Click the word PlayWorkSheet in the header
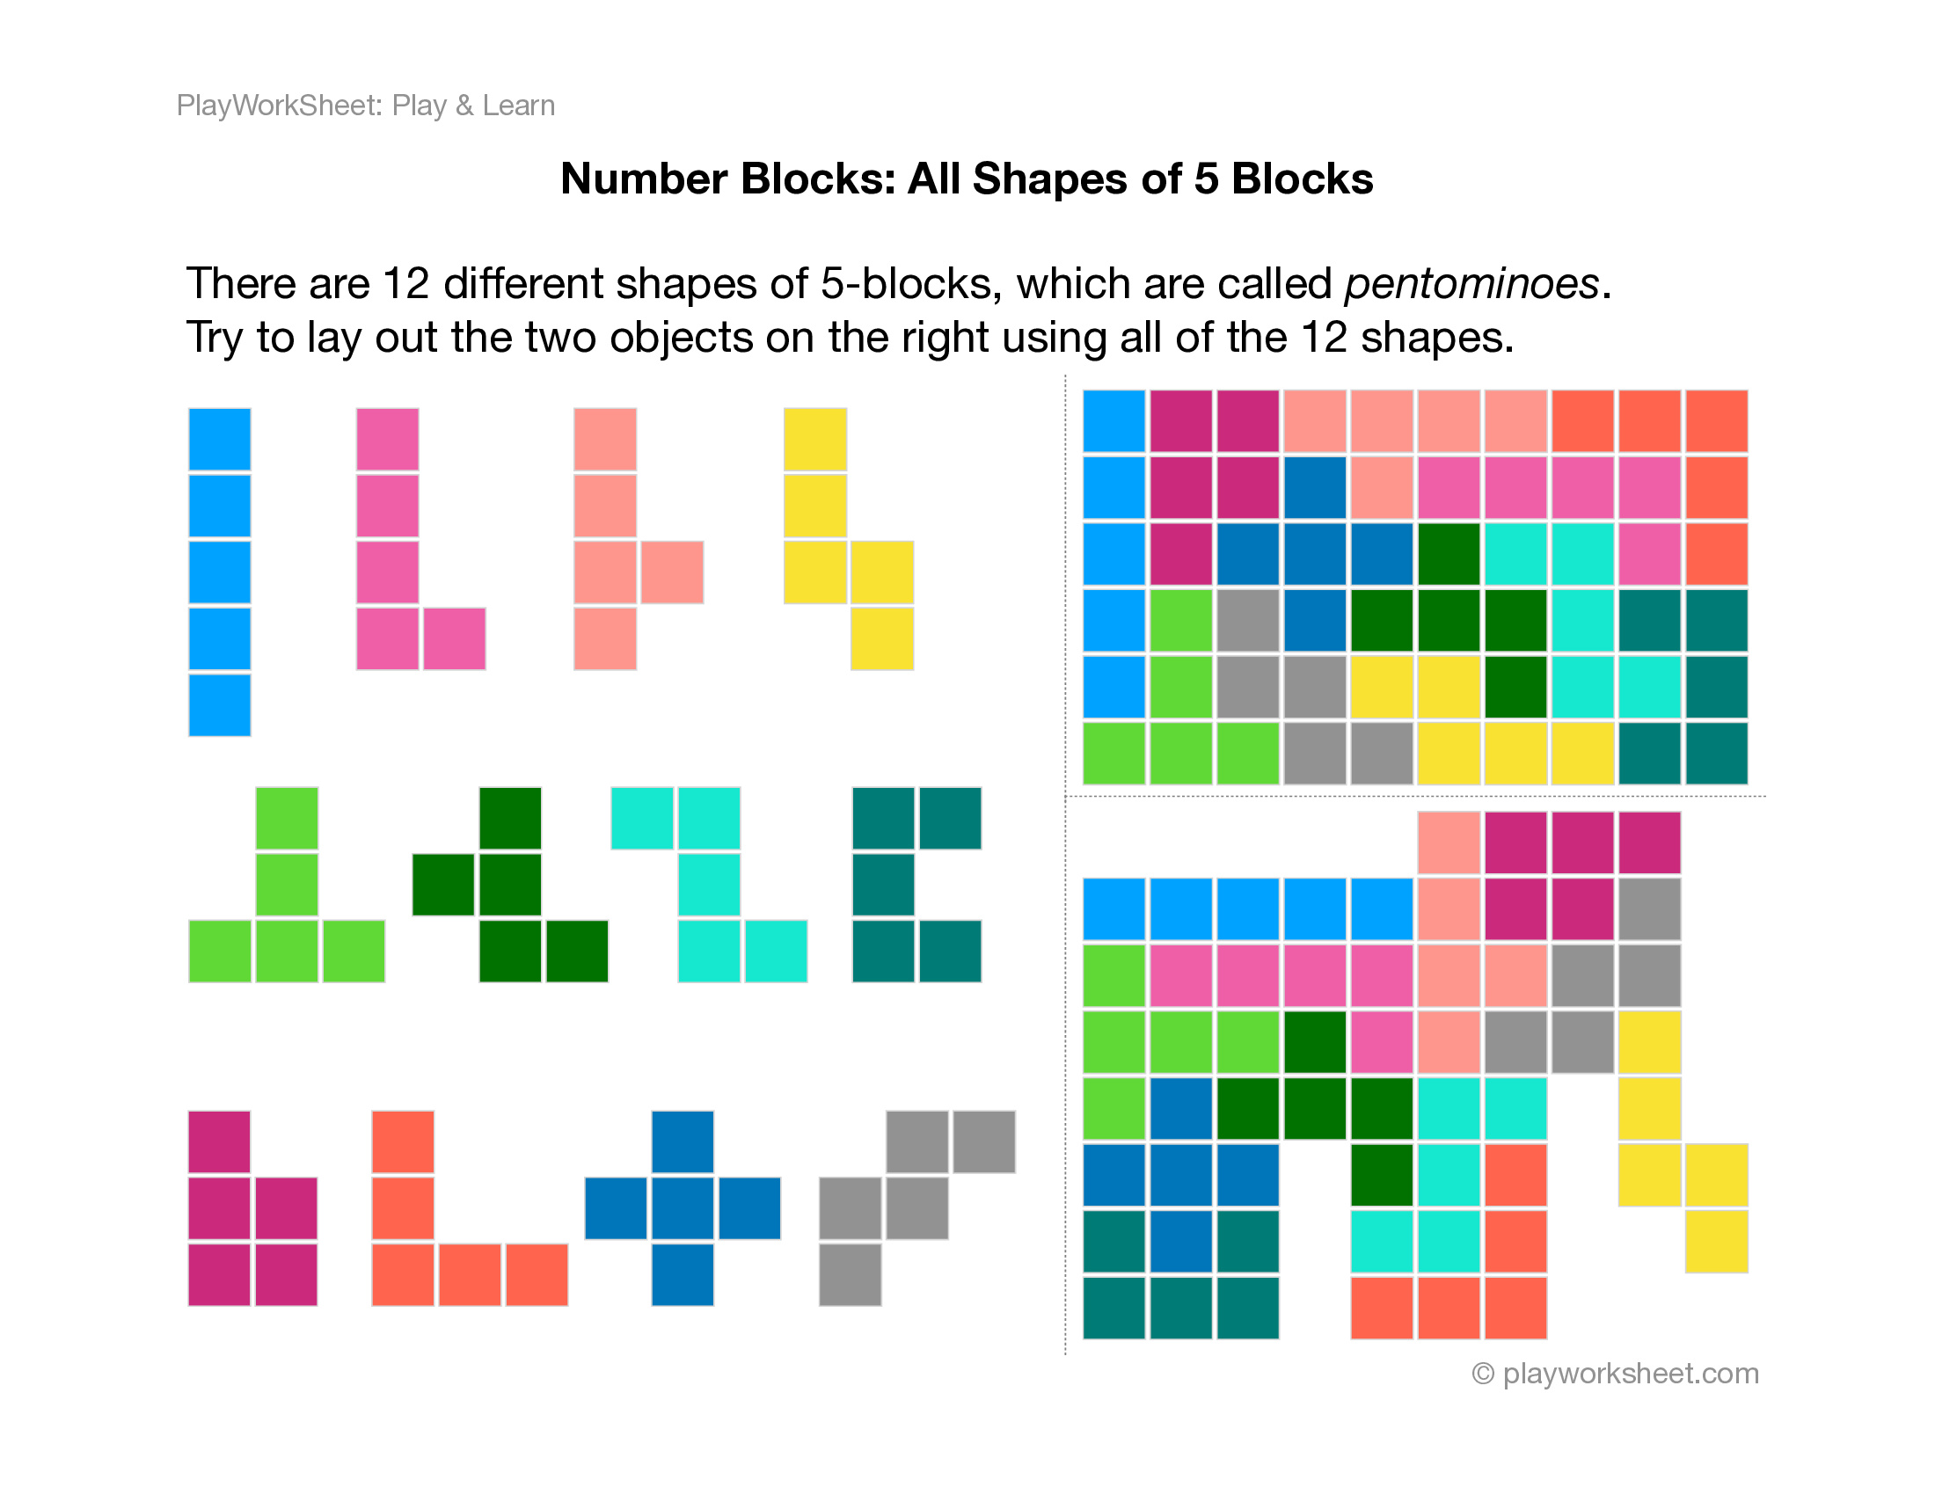(279, 106)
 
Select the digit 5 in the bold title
(1205, 179)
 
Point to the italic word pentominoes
(1471, 284)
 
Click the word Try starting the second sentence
(214, 338)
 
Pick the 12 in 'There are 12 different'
(405, 284)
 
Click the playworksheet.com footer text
(1630, 1373)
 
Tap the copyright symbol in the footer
(1483, 1374)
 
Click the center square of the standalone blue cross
(683, 1208)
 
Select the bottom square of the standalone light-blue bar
(220, 705)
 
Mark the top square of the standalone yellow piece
(815, 440)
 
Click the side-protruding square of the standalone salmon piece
(672, 572)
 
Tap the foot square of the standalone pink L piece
(455, 638)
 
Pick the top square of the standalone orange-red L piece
(403, 1141)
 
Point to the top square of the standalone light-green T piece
(287, 819)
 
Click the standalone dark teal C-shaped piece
(884, 885)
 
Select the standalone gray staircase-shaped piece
(916, 1208)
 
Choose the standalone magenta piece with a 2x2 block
(252, 1240)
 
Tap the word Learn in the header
(518, 106)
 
